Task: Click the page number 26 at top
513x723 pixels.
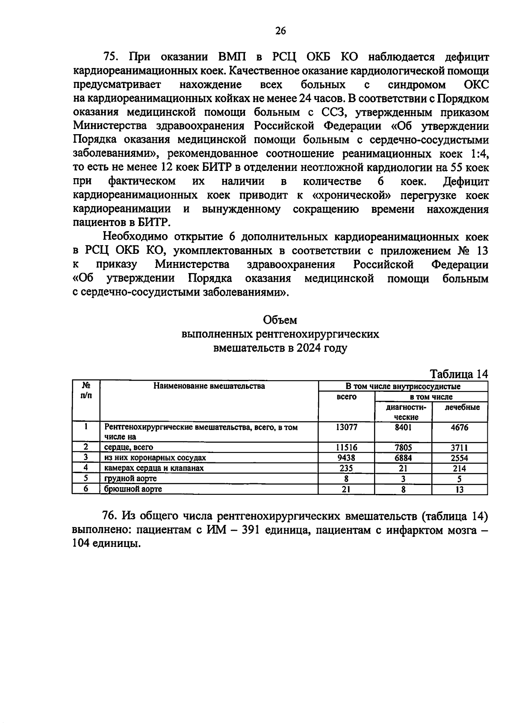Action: tap(280, 30)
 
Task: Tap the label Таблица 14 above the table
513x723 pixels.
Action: tap(458, 374)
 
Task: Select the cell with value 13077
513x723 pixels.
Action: tap(346, 427)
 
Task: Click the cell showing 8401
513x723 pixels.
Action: tap(403, 427)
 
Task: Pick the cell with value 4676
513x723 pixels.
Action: tap(460, 427)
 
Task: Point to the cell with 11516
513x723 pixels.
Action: tap(346, 447)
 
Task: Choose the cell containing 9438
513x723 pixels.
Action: tap(346, 458)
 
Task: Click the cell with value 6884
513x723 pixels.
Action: tap(403, 458)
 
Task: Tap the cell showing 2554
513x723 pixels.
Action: tap(460, 458)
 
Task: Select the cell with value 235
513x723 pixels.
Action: tap(346, 468)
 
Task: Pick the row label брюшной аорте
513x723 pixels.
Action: tap(133, 489)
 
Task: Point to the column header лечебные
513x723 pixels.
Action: tap(462, 407)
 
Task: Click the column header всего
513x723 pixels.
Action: tap(346, 397)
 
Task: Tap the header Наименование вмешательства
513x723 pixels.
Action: tap(209, 386)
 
